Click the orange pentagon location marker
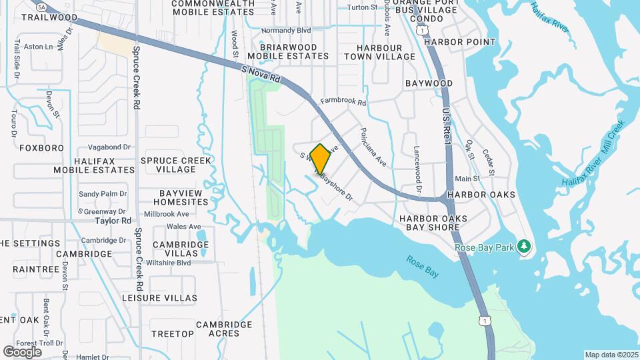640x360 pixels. [x=320, y=159]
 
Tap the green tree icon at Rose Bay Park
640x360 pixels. [x=524, y=247]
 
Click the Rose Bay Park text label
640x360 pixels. [x=485, y=248]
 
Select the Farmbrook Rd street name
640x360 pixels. [x=343, y=102]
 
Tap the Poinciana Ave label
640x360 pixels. [x=373, y=146]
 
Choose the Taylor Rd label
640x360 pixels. [x=113, y=221]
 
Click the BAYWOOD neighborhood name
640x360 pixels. [x=429, y=83]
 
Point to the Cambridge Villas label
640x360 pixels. [x=180, y=249]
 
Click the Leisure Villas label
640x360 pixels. [x=159, y=298]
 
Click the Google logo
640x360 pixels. [x=22, y=351]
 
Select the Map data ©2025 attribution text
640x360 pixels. [x=611, y=355]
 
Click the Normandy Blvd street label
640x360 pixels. [x=287, y=31]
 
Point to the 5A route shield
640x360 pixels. [x=42, y=7]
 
